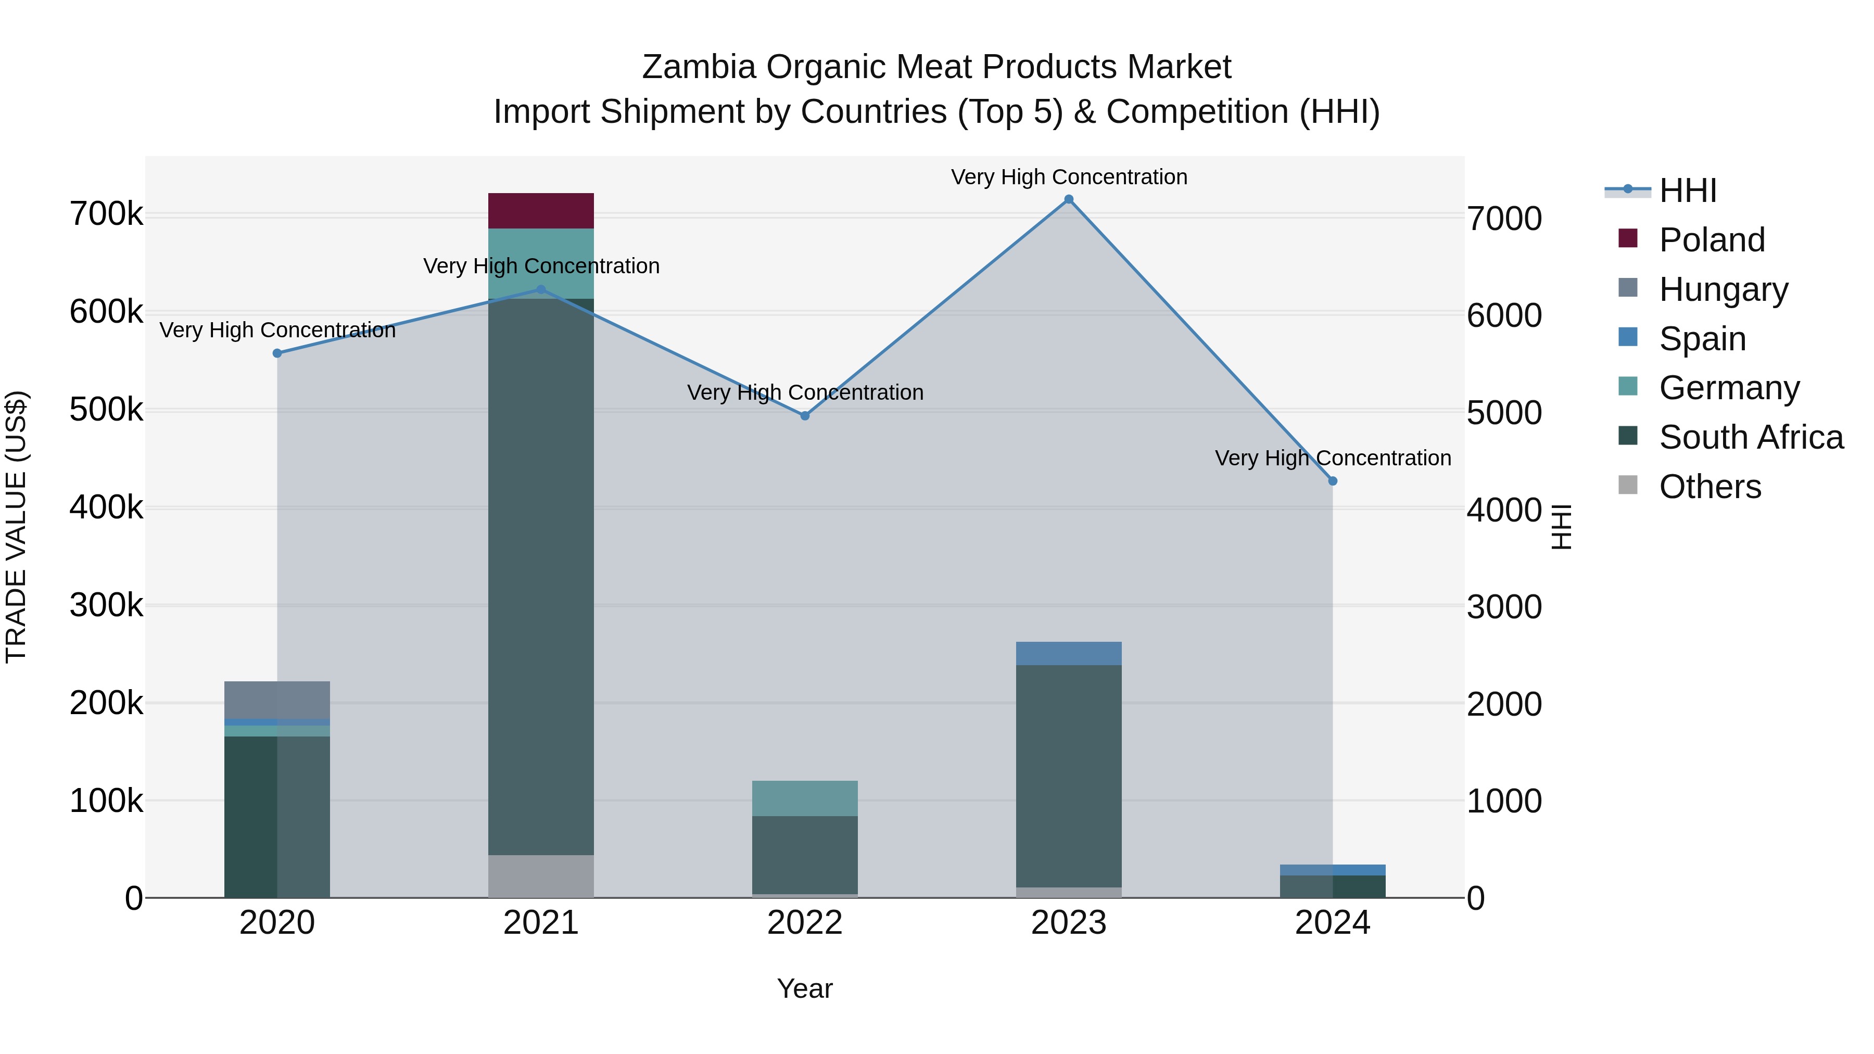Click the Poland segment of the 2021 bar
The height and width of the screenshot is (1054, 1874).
click(x=540, y=211)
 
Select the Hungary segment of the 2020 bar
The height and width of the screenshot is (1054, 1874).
click(x=276, y=700)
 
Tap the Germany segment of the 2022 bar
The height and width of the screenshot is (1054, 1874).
click(x=805, y=798)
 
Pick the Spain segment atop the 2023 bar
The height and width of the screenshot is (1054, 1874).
click(x=1068, y=653)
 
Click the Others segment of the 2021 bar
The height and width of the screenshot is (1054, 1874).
click(x=540, y=876)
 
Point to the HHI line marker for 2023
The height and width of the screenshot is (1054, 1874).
click(x=1069, y=199)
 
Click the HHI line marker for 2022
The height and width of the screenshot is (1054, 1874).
click(x=805, y=416)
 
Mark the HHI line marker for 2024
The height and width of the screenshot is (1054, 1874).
click(x=1333, y=481)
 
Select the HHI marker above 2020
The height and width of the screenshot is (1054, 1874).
click(x=277, y=353)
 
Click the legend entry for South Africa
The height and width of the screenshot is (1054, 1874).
click(x=1750, y=437)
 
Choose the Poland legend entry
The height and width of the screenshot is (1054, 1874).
click(x=1711, y=240)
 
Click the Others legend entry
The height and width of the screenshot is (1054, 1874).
click(x=1710, y=487)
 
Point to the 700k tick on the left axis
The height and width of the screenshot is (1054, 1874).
click(x=106, y=214)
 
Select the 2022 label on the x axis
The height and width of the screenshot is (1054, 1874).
click(x=805, y=923)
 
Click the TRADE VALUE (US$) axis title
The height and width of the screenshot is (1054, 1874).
click(x=16, y=527)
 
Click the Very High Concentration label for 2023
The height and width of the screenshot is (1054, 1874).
click(x=1069, y=177)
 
